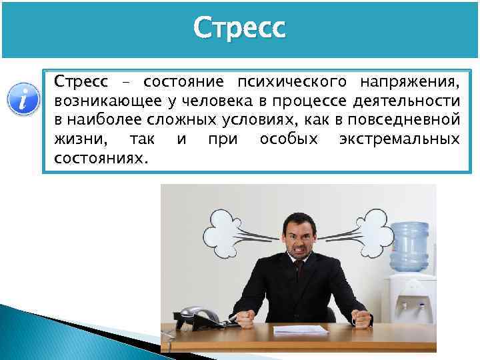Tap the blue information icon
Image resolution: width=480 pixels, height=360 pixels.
tap(21, 100)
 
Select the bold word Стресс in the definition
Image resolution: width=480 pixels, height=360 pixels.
tap(81, 82)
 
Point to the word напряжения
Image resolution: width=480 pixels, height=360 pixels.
tap(409, 82)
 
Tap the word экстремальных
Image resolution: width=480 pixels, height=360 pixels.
tap(399, 140)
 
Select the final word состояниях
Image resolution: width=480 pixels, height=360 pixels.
tap(102, 159)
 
